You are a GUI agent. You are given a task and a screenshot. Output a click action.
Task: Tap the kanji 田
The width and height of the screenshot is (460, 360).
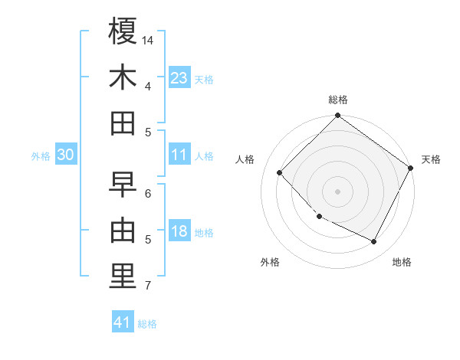(x=123, y=123)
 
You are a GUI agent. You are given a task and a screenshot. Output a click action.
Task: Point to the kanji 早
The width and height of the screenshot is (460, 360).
(x=123, y=185)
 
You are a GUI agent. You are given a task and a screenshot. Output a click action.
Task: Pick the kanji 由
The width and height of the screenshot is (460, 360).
(x=123, y=231)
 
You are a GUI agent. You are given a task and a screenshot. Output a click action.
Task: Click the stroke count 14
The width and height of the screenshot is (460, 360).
(x=149, y=39)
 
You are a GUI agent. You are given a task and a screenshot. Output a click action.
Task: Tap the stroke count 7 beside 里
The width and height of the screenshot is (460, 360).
(x=148, y=286)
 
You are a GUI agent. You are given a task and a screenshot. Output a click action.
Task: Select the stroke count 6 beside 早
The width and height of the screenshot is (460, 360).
(x=148, y=194)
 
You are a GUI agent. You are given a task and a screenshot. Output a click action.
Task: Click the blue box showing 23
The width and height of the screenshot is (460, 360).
(x=179, y=78)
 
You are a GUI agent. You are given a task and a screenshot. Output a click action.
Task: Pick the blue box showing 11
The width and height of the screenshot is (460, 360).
(x=179, y=155)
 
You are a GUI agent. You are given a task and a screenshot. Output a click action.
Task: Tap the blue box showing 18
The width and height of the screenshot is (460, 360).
(x=179, y=232)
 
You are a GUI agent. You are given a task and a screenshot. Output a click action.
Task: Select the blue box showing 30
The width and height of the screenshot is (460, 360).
(x=65, y=155)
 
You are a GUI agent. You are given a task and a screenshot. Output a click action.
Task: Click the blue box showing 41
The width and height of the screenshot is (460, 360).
(x=123, y=322)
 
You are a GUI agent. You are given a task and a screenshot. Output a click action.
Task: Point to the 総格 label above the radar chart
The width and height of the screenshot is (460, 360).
(x=338, y=100)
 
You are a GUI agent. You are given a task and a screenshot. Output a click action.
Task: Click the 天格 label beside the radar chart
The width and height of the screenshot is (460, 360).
(x=431, y=159)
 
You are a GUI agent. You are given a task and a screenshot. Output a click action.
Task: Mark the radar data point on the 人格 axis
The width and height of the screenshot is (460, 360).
(x=280, y=173)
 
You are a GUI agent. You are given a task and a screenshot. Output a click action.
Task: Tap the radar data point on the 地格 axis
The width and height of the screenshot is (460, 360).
(x=374, y=242)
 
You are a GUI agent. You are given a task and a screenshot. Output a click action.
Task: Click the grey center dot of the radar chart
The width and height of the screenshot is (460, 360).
(x=337, y=191)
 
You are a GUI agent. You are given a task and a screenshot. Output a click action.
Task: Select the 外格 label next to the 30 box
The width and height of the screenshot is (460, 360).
(x=41, y=156)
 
